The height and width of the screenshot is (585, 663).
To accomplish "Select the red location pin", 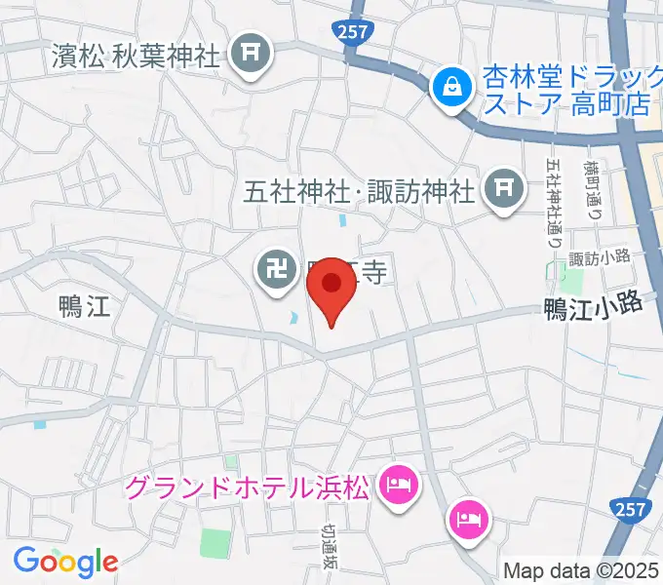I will click(x=331, y=285).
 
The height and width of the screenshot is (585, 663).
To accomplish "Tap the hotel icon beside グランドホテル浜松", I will click(x=398, y=482).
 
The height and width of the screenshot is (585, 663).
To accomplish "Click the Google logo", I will click(x=65, y=561).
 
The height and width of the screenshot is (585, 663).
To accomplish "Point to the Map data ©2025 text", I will click(x=581, y=570).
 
